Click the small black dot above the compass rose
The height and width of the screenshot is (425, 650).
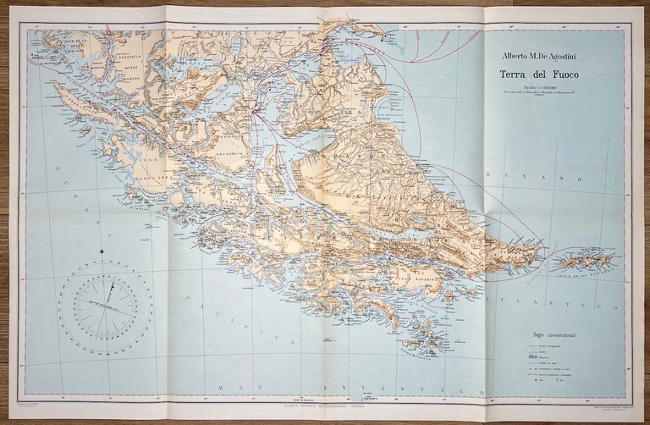pos(102,251)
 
